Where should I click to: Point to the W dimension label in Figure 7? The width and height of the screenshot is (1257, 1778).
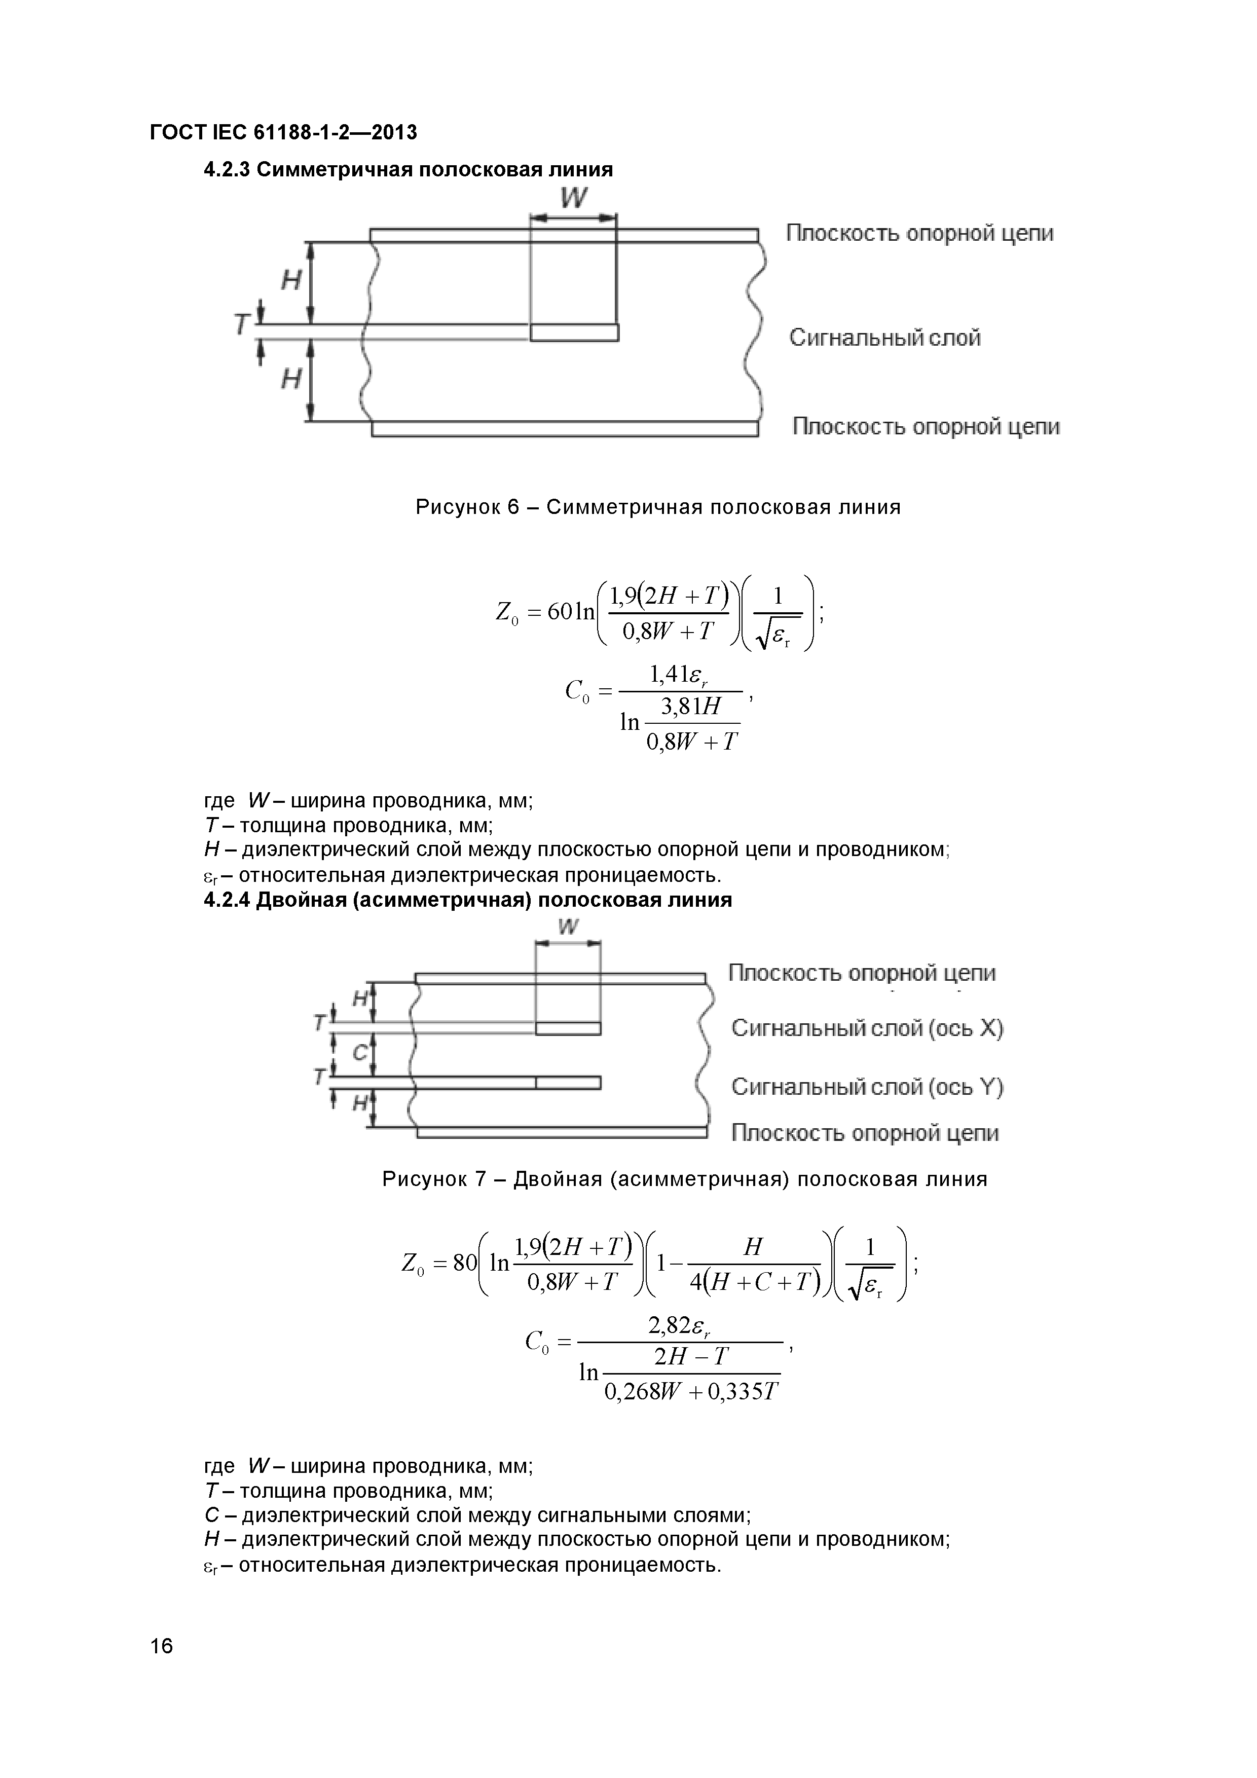click(568, 927)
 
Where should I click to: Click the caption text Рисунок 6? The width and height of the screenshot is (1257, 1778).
click(466, 507)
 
